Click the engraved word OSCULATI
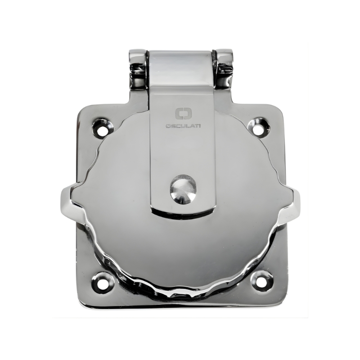pyautogui.click(x=183, y=126)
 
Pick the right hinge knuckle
pyautogui.click(x=225, y=68)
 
